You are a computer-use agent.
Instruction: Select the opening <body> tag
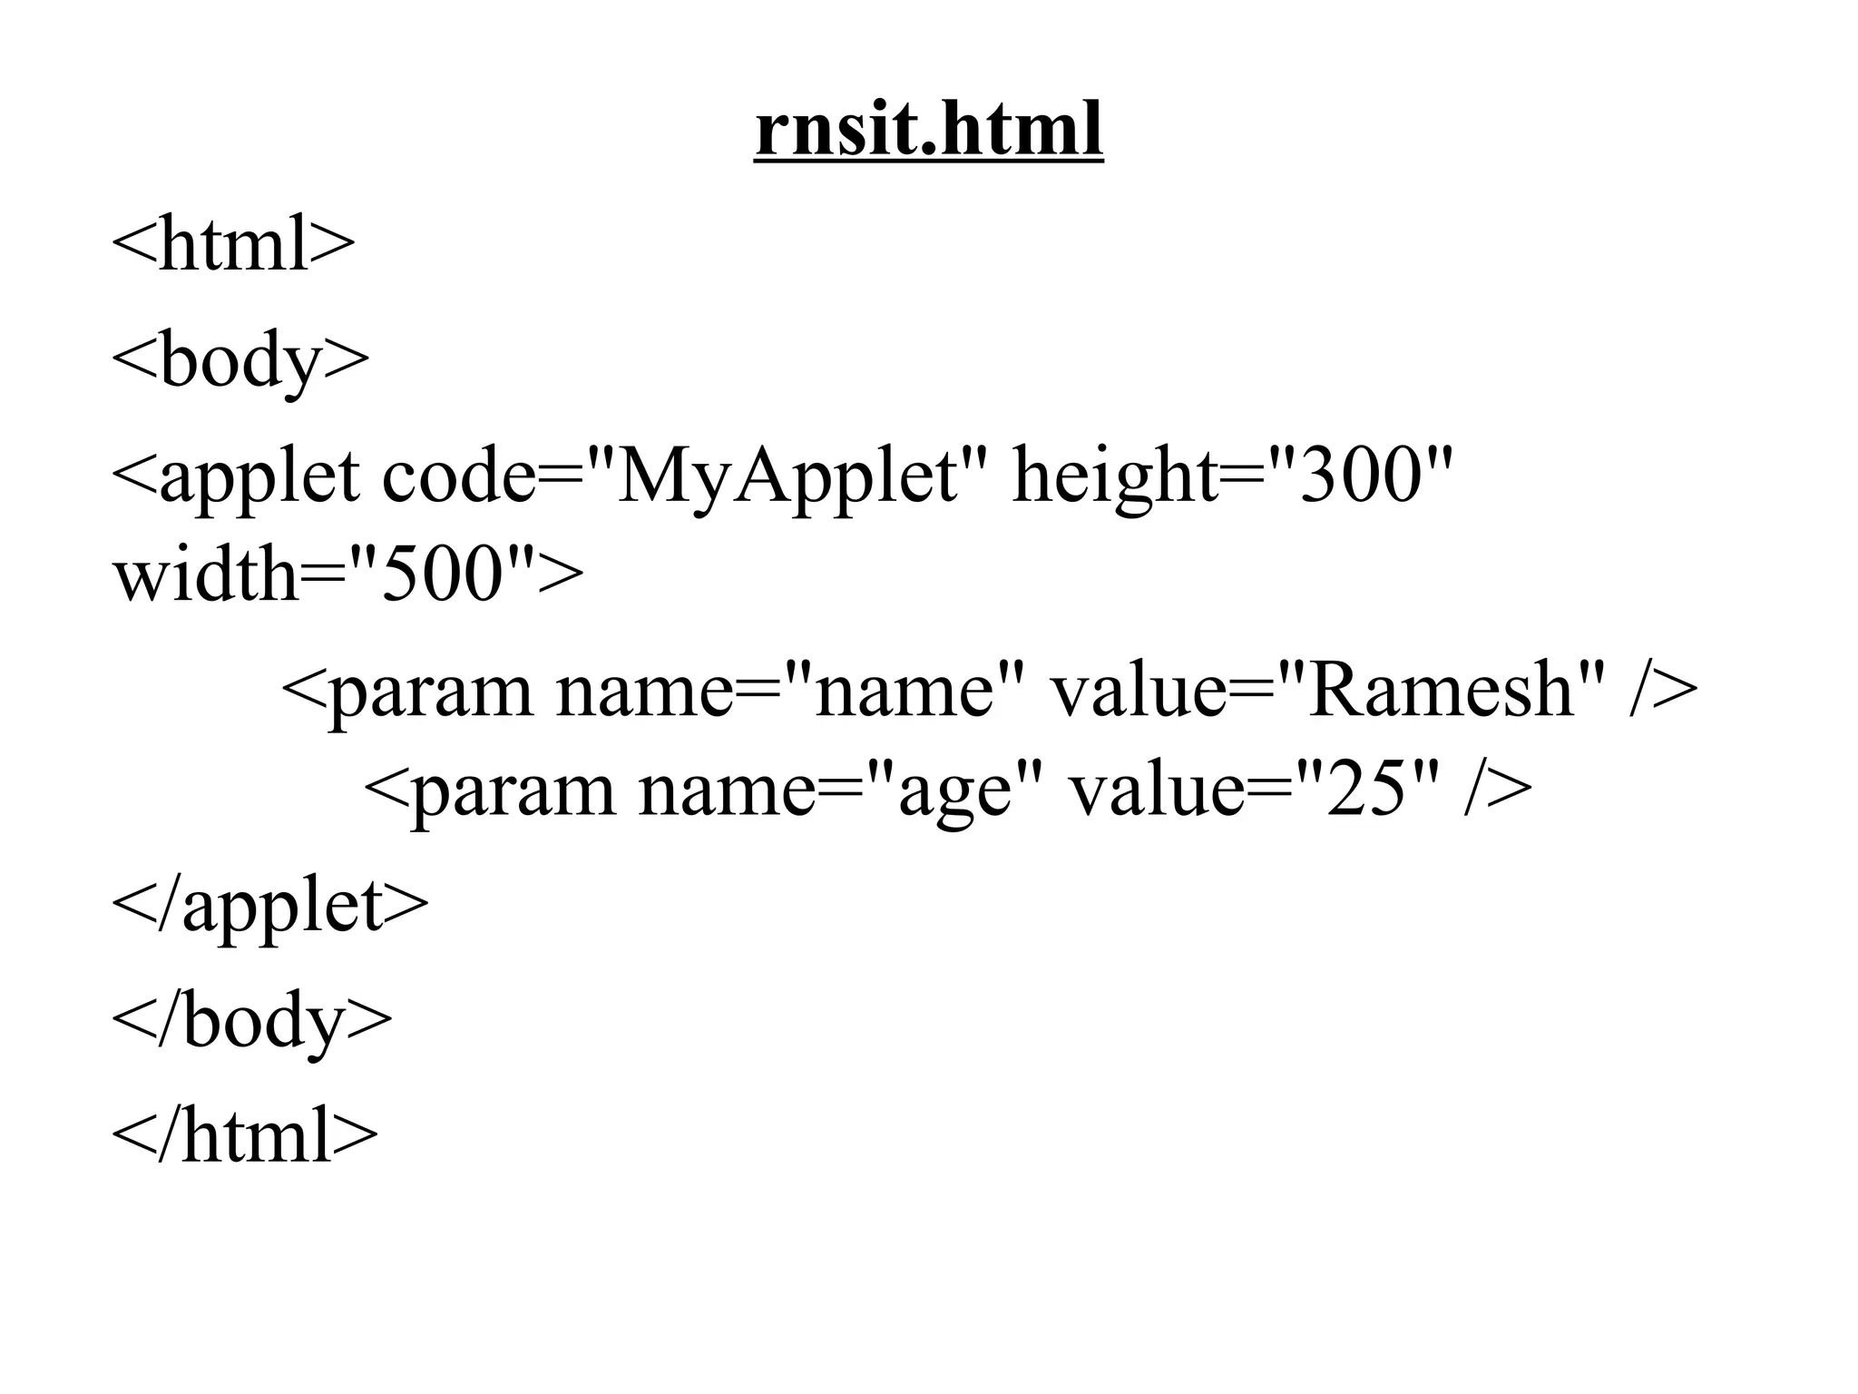pyautogui.click(x=240, y=360)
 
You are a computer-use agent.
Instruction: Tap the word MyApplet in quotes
pyautogui.click(x=786, y=476)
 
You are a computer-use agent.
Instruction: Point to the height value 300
pyautogui.click(x=1358, y=476)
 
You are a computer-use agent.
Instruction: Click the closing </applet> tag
pyautogui.click(x=269, y=905)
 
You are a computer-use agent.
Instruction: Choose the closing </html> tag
pyautogui.click(x=244, y=1135)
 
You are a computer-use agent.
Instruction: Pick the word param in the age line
pyautogui.click(x=512, y=790)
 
